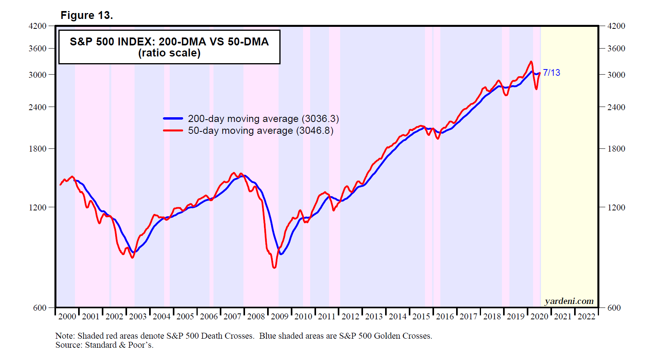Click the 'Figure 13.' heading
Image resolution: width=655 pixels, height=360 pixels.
pos(86,15)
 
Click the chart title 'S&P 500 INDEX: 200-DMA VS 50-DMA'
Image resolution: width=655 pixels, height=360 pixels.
pos(169,42)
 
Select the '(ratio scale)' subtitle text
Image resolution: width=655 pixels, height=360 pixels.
pos(169,53)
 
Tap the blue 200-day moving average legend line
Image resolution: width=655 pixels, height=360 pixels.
pos(173,118)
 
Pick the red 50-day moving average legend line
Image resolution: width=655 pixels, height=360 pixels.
pos(173,130)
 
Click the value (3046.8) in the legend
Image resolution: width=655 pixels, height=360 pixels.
pos(316,131)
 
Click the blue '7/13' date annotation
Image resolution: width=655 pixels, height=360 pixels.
pos(551,73)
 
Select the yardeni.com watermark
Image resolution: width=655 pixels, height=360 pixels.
pos(569,301)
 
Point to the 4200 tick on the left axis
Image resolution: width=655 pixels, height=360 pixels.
pos(37,26)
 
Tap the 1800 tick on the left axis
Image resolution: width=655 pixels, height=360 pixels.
pos(37,149)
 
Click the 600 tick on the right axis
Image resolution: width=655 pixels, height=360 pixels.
pos(614,308)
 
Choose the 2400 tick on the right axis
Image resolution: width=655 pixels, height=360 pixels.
pos(616,107)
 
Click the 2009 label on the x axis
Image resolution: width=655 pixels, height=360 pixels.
pos(279,317)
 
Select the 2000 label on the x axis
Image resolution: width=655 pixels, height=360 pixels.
pos(67,317)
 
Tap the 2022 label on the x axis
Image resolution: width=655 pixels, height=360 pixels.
pos(586,317)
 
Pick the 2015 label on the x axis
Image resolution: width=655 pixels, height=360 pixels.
pos(421,317)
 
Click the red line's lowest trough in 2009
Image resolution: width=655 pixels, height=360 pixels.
pos(274,268)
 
